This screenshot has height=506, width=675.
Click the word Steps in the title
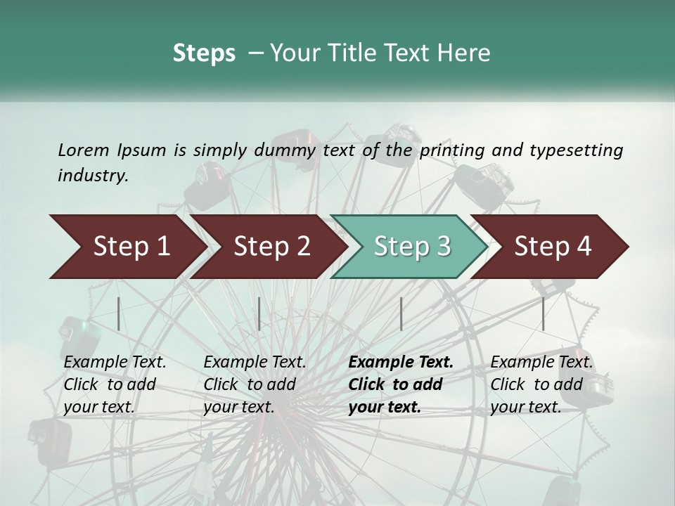[204, 53]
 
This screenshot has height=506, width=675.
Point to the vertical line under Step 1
[119, 313]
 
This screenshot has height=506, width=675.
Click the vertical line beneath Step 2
[259, 313]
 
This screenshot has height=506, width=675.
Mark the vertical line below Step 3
[401, 313]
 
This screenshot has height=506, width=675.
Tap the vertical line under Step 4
[543, 313]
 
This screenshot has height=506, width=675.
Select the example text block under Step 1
[115, 384]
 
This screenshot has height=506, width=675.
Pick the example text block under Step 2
[255, 384]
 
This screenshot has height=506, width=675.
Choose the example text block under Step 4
[541, 384]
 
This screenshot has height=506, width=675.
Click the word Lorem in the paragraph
[84, 150]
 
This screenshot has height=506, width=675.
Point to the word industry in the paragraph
[93, 176]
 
